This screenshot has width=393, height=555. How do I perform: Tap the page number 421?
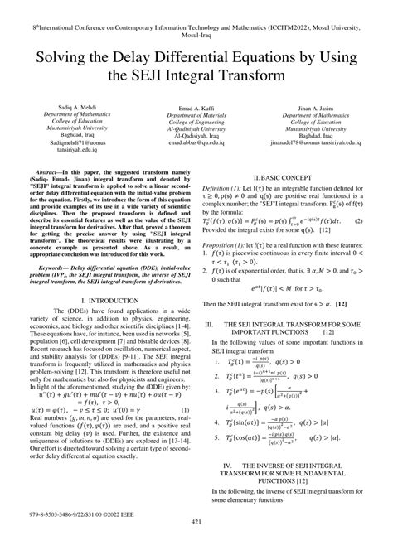click(x=196, y=543)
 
